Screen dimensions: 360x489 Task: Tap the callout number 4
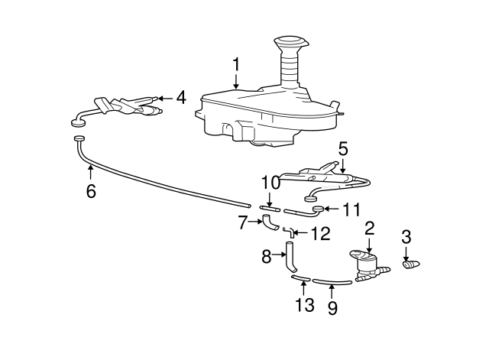pyautogui.click(x=181, y=97)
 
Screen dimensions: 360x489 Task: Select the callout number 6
pyautogui.click(x=91, y=190)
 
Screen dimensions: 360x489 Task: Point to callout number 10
pyautogui.click(x=270, y=184)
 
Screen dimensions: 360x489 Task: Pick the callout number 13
pyautogui.click(x=305, y=305)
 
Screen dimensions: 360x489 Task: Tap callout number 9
pyautogui.click(x=332, y=309)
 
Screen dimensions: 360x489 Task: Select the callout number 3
pyautogui.click(x=406, y=235)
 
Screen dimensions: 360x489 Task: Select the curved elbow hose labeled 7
pyautogui.click(x=270, y=223)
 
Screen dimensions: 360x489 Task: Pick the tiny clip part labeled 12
pyautogui.click(x=287, y=230)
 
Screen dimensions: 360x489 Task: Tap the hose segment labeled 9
pyautogui.click(x=332, y=281)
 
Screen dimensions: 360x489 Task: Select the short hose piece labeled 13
pyautogui.click(x=300, y=279)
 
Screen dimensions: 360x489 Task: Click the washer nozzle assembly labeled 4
pyautogui.click(x=130, y=105)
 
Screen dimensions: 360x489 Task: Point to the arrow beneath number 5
pyautogui.click(x=343, y=163)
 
